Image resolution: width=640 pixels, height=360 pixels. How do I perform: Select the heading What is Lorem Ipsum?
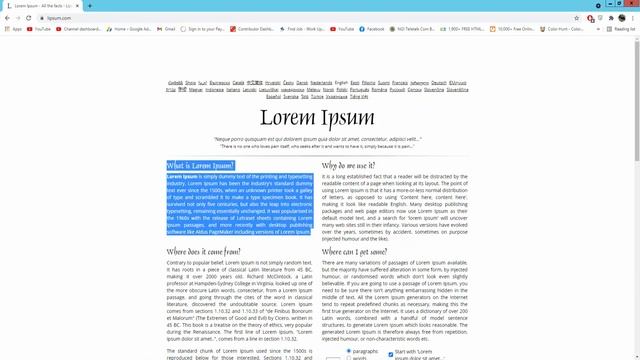(x=200, y=165)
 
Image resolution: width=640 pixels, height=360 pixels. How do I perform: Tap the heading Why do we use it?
(x=349, y=165)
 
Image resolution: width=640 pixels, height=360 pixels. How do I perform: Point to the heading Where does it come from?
(x=203, y=252)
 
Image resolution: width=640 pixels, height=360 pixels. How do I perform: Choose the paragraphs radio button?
(x=348, y=352)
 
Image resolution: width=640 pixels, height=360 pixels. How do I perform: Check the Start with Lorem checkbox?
(x=392, y=352)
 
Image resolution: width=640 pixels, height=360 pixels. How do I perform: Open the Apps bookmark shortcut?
(x=13, y=29)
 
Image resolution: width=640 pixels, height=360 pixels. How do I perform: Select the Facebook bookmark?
(x=372, y=29)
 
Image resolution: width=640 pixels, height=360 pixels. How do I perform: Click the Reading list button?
(x=621, y=29)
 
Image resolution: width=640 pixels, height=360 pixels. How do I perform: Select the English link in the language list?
(x=341, y=82)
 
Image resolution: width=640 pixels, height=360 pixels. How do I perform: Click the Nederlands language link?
(x=321, y=82)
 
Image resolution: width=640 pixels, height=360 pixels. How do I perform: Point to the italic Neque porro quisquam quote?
(x=319, y=139)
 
